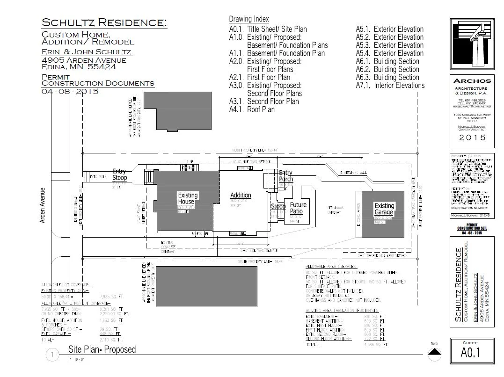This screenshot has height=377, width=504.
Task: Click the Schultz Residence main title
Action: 104,22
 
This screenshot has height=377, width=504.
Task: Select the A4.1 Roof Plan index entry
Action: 252,109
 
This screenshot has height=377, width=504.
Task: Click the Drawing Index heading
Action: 249,19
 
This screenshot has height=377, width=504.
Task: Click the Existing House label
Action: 188,198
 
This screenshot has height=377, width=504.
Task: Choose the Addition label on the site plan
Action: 241,195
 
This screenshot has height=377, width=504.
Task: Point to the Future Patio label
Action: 298,208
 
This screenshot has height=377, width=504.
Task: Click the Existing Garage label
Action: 384,209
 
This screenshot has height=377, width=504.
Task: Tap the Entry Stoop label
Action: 120,175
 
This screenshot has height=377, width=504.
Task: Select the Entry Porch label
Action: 285,176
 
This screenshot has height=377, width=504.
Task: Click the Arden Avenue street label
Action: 43,205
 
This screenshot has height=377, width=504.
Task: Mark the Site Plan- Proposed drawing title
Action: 102,349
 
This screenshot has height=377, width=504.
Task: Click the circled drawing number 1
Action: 52,355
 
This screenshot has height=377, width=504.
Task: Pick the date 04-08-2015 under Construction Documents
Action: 70,92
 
